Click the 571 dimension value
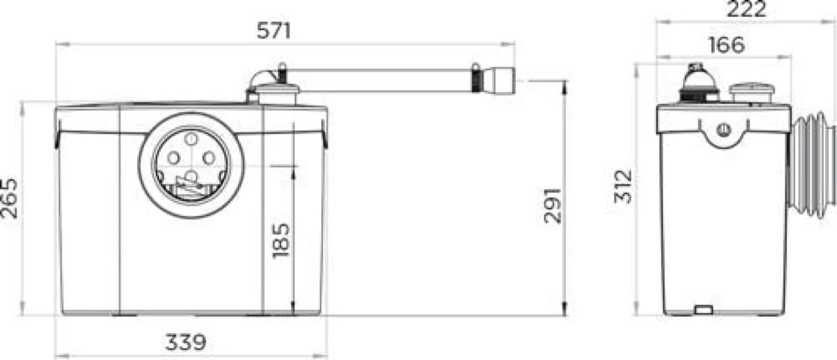274,31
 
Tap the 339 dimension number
186,342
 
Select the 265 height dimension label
9,199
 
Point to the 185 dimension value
281,240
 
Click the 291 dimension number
553,206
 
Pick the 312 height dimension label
622,187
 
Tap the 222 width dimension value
746,9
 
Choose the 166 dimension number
726,45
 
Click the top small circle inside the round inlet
191,139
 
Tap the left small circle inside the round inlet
174,158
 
